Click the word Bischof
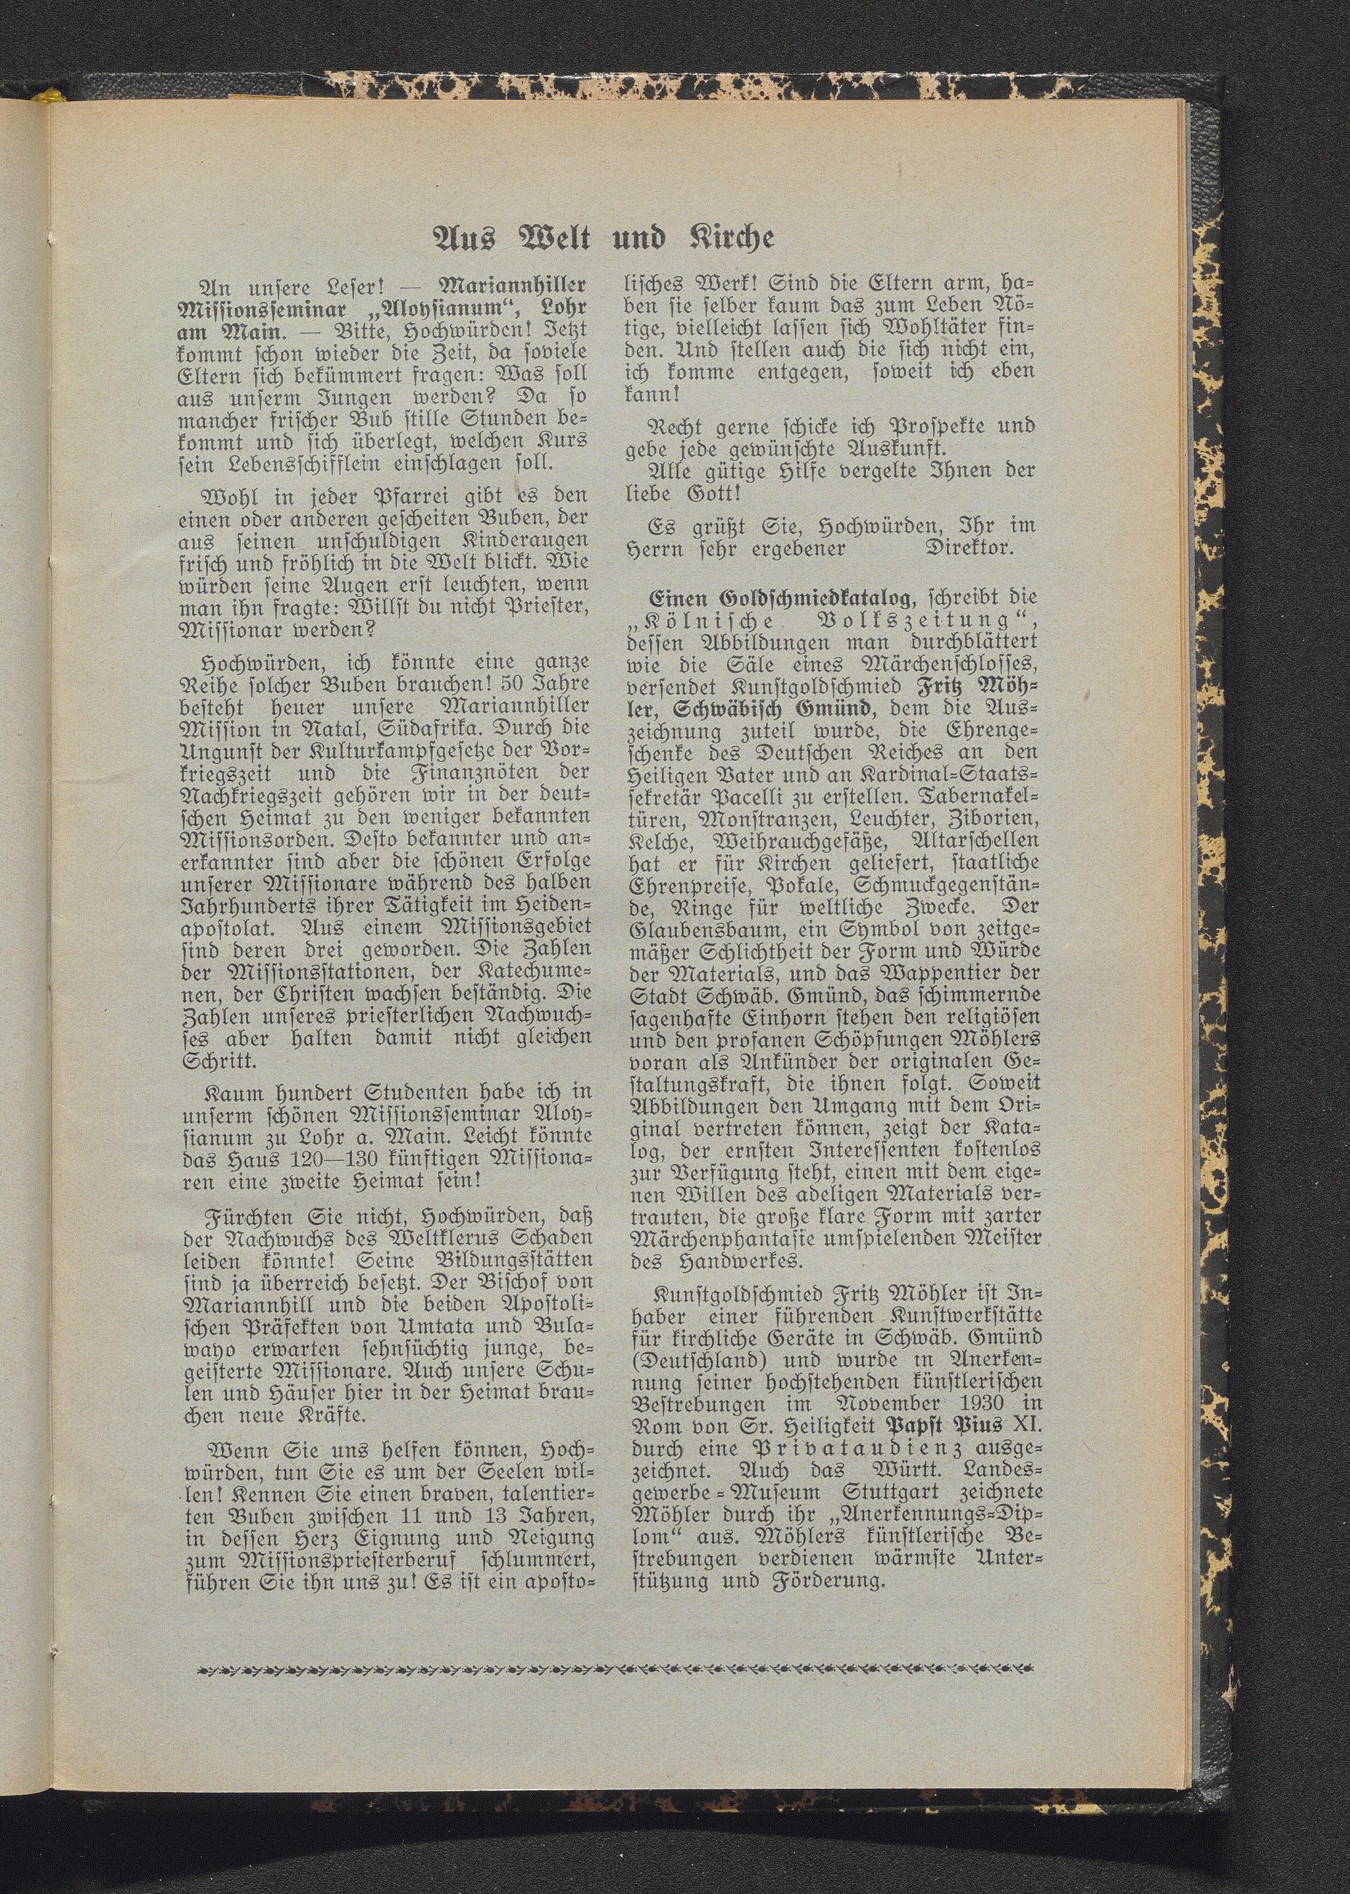497,1281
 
